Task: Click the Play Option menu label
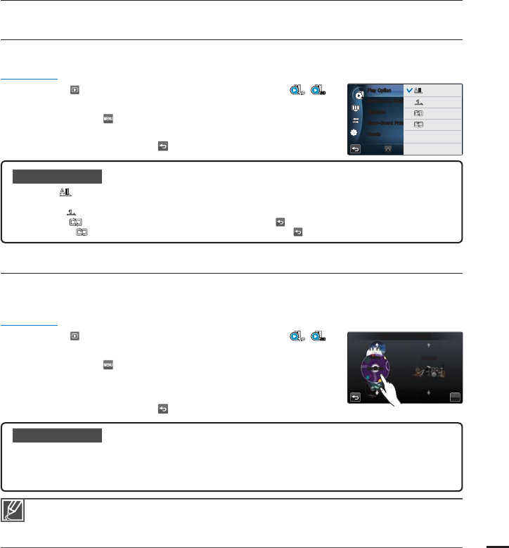380,90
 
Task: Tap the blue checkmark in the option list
409,90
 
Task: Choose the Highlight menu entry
376,112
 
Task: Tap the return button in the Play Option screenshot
356,149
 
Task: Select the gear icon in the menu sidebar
356,133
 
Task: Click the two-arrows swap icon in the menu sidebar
356,120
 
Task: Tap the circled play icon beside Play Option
359,94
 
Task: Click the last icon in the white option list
418,124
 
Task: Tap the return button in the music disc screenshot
356,397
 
